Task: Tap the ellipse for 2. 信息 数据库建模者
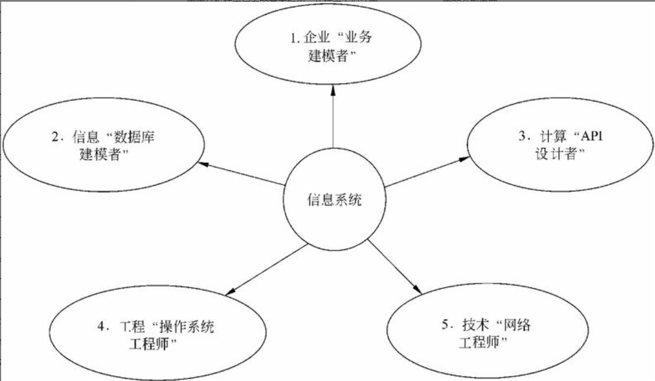point(103,145)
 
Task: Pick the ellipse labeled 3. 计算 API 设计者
point(559,145)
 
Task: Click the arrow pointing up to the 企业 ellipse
point(333,120)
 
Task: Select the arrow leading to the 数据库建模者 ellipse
point(242,174)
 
